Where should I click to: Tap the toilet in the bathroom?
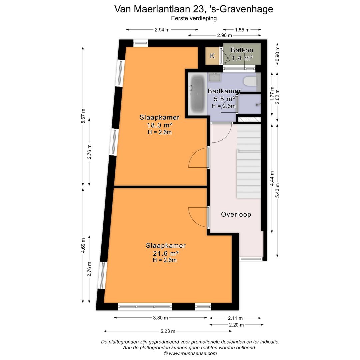click(250, 81)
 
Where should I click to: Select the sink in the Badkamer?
click(215, 78)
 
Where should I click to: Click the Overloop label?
click(236, 214)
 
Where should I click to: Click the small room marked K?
click(212, 56)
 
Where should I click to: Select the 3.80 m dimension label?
click(161, 318)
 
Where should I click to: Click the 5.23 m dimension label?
click(168, 331)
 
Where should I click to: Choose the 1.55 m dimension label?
click(242, 30)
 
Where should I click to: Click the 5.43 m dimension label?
click(278, 190)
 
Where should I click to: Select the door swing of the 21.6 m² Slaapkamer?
click(199, 217)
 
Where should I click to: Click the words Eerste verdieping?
click(194, 18)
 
